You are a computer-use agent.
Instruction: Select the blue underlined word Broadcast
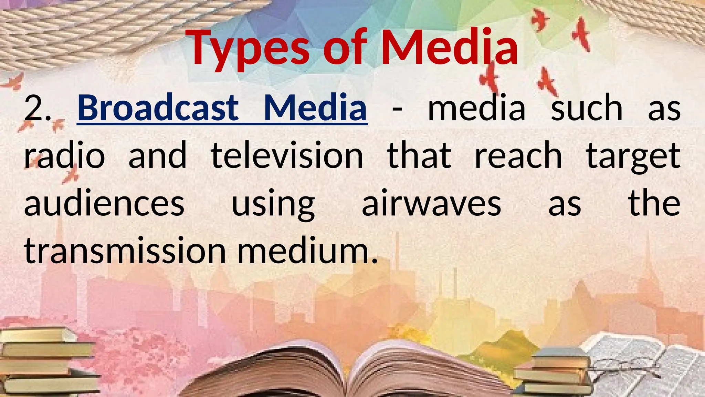[x=158, y=108]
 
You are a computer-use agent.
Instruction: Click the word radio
[x=64, y=156]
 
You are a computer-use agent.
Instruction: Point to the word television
[x=287, y=156]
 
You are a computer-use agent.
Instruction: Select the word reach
[x=518, y=156]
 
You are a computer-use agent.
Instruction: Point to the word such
[x=587, y=108]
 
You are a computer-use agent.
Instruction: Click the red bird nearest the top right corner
[x=581, y=33]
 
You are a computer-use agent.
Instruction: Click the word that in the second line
[x=419, y=156]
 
